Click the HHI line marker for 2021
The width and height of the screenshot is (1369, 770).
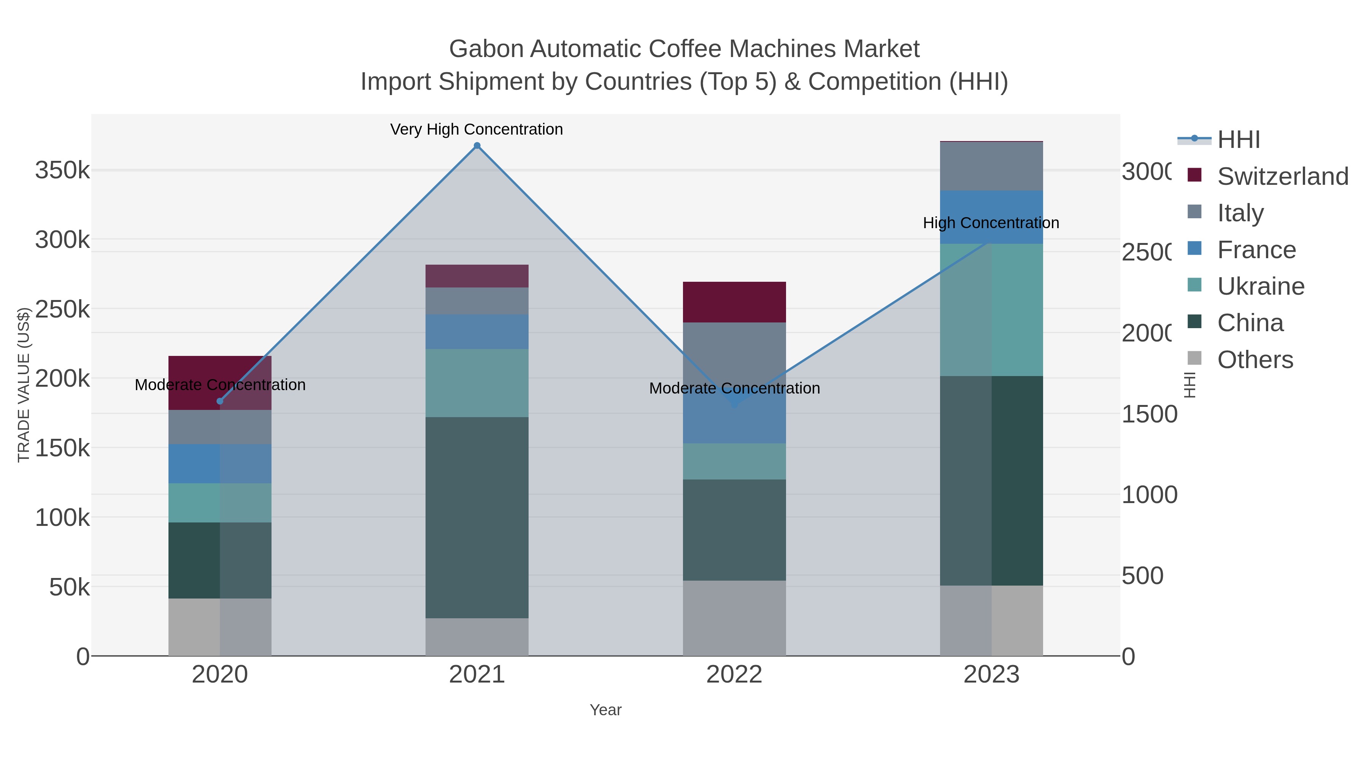477,146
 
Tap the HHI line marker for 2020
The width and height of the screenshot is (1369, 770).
220,401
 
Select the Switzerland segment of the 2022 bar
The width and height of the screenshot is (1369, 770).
734,302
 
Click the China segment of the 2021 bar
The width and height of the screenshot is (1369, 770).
477,517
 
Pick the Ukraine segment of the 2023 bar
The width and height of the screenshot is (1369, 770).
991,310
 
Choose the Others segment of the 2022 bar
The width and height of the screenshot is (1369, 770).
734,618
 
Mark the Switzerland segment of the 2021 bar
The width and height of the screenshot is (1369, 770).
477,276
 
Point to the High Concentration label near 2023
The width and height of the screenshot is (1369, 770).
991,223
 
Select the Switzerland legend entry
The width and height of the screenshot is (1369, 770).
1282,176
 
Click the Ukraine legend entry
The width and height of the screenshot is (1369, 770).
1260,286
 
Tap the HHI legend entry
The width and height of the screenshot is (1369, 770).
1238,140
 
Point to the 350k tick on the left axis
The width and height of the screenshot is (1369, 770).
62,171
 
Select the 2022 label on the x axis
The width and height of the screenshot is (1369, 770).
734,674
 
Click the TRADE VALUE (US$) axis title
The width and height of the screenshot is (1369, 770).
24,385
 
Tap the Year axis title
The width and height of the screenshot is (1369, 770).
605,710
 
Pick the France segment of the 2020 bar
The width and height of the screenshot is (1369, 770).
220,464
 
